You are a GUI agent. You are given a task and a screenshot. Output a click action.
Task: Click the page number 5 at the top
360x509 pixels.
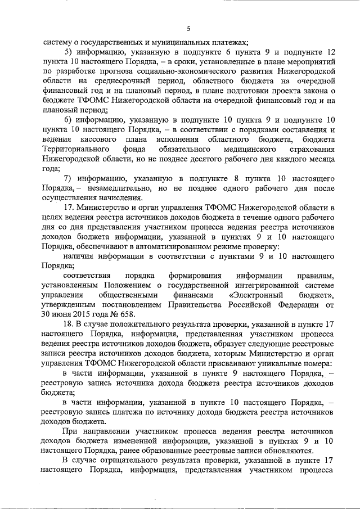point(189,29)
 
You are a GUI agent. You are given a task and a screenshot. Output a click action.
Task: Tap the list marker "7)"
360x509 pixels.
point(68,178)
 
